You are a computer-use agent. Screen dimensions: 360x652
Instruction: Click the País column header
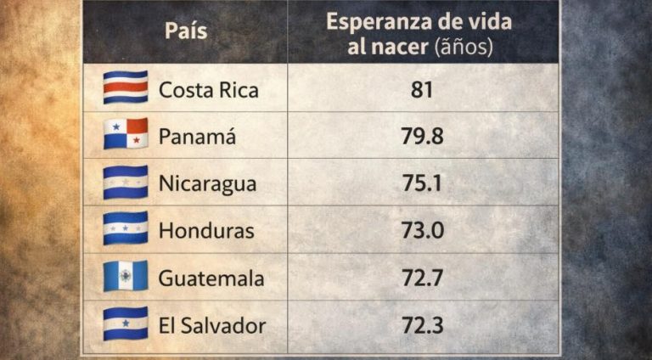[185, 32]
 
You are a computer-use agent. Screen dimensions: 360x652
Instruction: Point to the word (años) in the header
[463, 47]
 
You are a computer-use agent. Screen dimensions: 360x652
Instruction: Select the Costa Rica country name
[209, 88]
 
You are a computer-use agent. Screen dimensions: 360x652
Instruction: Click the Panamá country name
[198, 135]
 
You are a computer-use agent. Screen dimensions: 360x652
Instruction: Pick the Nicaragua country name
[207, 183]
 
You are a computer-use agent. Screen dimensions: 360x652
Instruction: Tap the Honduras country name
[206, 230]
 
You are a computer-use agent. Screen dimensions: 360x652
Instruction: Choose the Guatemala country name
[211, 278]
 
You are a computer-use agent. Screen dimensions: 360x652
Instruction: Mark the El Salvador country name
[211, 325]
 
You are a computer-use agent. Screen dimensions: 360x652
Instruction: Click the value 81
[421, 88]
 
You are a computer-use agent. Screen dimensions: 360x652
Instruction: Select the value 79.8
[421, 135]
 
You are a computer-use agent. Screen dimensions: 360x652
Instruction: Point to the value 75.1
[421, 183]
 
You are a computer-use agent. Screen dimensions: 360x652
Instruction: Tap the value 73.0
[421, 230]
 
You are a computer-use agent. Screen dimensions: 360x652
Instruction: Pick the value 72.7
[421, 278]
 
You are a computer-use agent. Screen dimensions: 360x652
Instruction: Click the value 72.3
[421, 325]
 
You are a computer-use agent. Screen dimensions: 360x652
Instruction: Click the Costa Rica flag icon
[126, 87]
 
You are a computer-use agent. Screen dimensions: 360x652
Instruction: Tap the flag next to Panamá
[126, 134]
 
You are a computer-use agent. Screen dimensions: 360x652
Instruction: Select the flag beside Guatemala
[126, 276]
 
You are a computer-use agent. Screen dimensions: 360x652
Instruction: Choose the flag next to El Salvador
[126, 323]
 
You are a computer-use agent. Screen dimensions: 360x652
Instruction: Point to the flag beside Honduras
[126, 228]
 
